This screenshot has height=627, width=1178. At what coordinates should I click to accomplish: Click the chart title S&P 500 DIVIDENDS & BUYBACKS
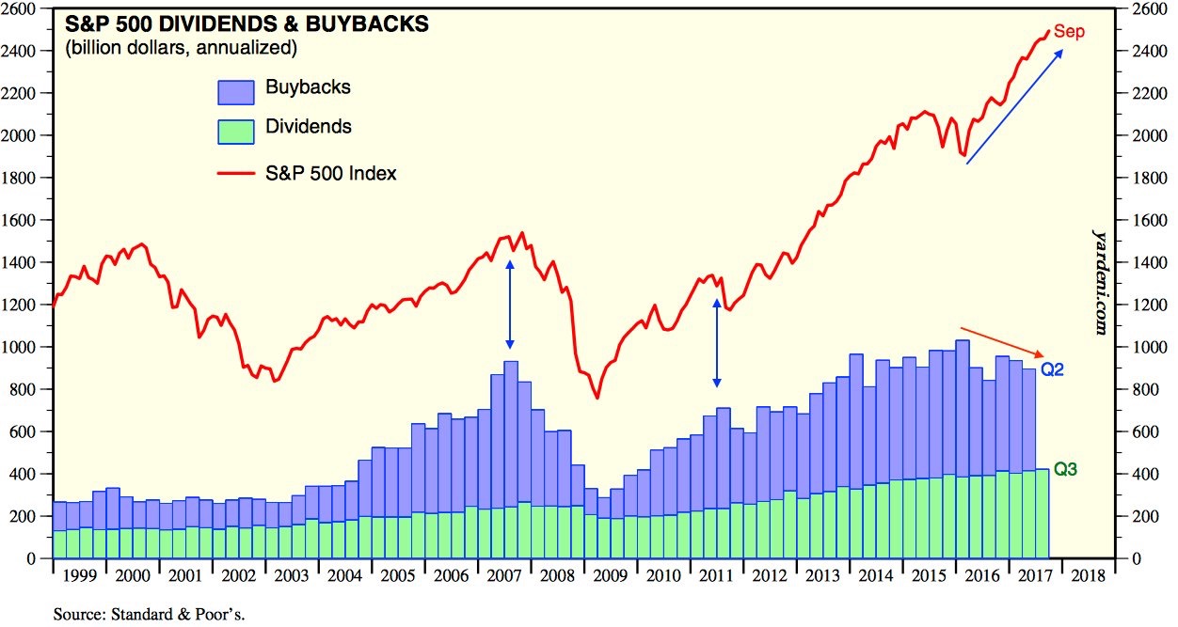247,24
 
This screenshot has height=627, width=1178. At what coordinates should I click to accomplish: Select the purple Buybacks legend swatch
235,90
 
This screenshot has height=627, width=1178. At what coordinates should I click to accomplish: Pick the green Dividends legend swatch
235,130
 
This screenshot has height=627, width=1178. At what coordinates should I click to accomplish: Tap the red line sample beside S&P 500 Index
235,173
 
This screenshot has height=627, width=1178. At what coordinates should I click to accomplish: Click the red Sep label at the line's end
1069,32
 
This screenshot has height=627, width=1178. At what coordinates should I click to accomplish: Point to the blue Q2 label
1052,370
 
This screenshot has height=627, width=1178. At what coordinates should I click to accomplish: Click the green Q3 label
1064,469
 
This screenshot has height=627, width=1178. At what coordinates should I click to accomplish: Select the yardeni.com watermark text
1098,280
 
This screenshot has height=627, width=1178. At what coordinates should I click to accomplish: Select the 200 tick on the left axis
24,516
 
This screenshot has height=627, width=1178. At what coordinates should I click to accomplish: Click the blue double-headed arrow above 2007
510,306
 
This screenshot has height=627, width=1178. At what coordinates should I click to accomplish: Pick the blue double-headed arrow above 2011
717,344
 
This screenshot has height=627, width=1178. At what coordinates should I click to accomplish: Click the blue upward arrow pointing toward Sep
1015,106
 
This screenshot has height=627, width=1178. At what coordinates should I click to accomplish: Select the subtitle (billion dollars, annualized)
181,47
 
